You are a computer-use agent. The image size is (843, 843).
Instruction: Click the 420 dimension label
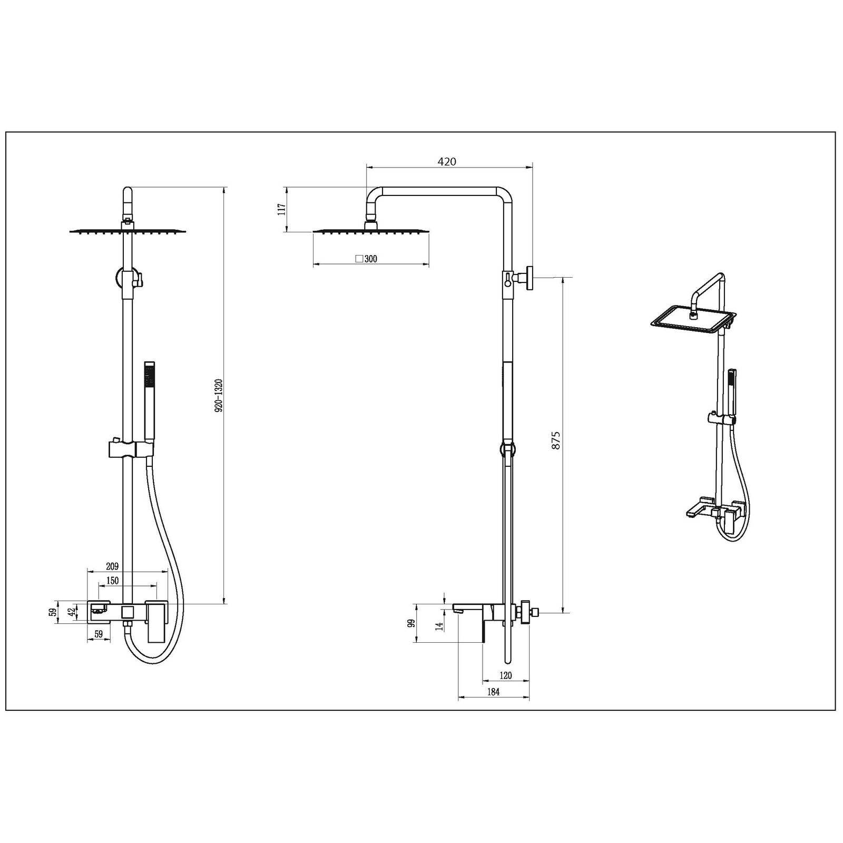click(x=447, y=161)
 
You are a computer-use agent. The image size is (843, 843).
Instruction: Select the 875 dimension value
click(x=556, y=440)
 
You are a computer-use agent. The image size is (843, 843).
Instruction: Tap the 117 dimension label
click(x=282, y=209)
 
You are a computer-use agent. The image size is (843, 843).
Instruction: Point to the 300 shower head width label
click(x=370, y=259)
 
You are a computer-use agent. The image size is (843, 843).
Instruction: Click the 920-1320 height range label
click(x=219, y=403)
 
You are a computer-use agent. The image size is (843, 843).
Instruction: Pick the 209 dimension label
click(x=112, y=566)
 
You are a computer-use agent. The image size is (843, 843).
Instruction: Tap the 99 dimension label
click(x=412, y=623)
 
